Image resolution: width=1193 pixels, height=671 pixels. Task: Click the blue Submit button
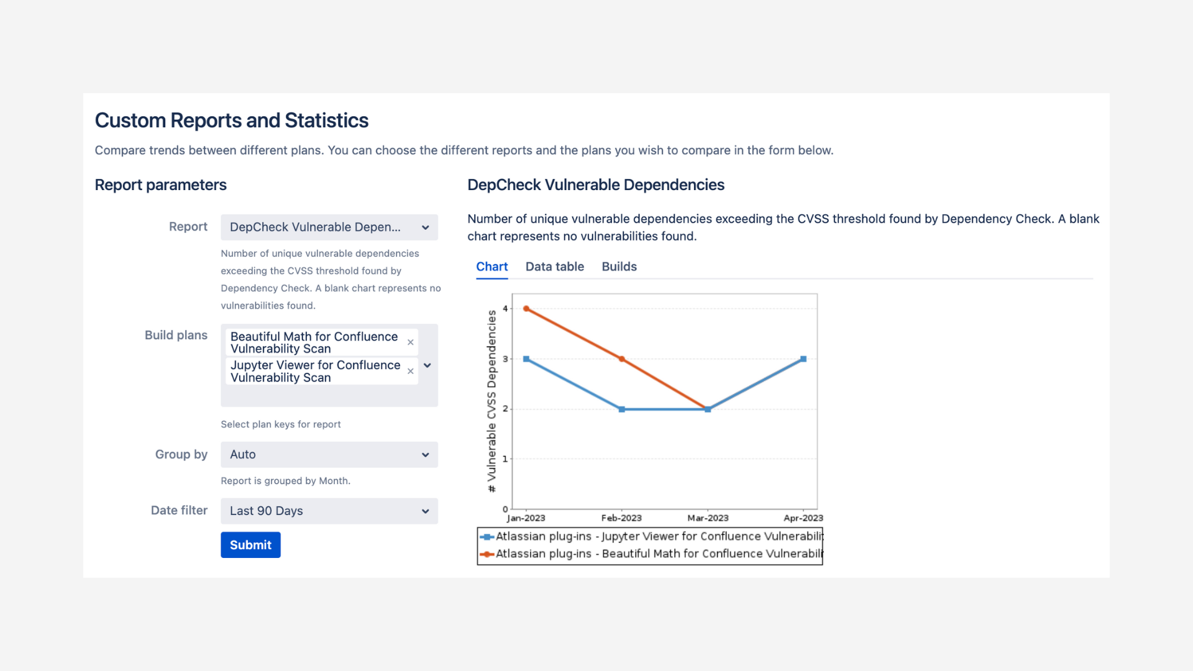tap(250, 545)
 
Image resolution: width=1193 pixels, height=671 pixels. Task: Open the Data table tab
tap(554, 267)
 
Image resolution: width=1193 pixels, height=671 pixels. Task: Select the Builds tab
tap(619, 267)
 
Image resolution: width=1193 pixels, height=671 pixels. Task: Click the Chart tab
tap(491, 267)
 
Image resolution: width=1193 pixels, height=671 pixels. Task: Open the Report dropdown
tap(329, 227)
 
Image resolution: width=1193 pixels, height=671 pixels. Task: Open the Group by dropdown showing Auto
tap(329, 455)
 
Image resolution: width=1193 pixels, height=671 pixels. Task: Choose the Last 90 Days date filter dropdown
tap(329, 511)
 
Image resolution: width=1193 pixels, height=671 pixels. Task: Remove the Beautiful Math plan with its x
tap(410, 342)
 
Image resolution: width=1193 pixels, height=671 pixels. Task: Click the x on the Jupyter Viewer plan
tap(410, 371)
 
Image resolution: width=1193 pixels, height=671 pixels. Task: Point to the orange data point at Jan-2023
tap(526, 309)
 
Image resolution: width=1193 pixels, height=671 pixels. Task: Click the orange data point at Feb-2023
tap(621, 359)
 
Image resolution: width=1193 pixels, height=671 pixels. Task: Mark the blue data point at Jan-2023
tap(526, 359)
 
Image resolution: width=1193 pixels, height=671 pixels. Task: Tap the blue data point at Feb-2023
tap(621, 409)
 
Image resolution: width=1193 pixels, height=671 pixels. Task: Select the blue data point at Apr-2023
tap(803, 359)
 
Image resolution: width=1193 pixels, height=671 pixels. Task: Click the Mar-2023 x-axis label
tap(708, 518)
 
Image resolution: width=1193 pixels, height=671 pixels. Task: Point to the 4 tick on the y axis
tap(505, 309)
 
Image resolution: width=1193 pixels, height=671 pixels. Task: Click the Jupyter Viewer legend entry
tap(659, 536)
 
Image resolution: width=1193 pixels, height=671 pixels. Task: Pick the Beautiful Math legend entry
tap(659, 554)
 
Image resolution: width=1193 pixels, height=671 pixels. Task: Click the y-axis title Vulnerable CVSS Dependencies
tap(491, 401)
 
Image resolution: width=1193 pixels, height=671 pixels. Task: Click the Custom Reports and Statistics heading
tap(231, 121)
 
